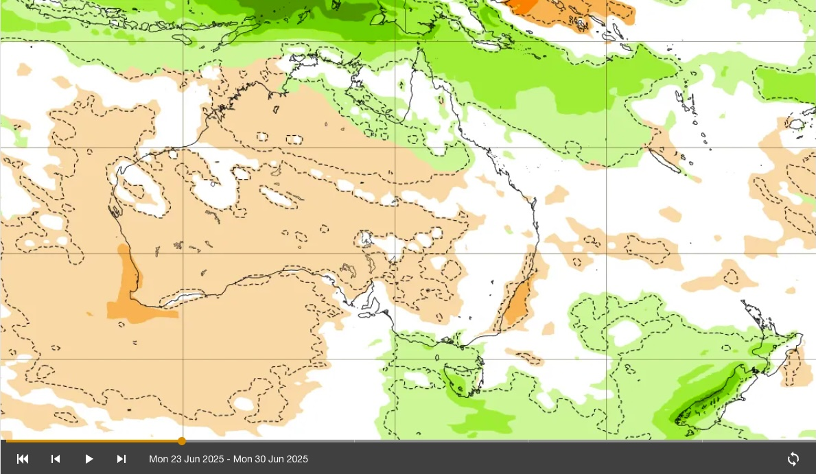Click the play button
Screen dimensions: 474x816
(x=89, y=459)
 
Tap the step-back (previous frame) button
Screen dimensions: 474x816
(x=56, y=459)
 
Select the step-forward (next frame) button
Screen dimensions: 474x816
(x=121, y=459)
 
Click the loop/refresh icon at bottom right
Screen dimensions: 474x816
(x=793, y=459)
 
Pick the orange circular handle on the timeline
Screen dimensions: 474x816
(x=182, y=441)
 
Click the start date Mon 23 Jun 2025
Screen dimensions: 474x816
(x=187, y=459)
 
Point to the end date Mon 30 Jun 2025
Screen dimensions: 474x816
(x=270, y=459)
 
